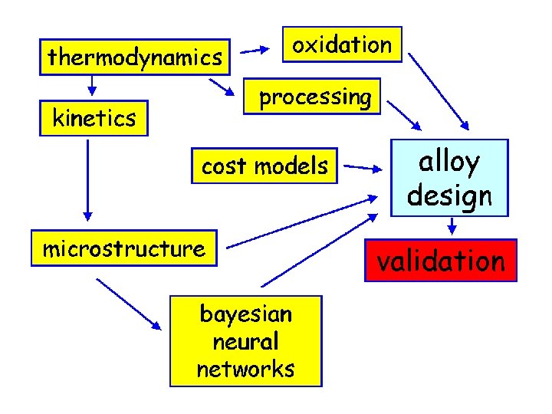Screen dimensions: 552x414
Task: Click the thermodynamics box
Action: click(135, 57)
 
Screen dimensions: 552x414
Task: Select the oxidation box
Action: click(341, 44)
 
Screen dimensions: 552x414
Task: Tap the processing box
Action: click(314, 97)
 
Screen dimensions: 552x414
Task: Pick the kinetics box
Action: click(94, 118)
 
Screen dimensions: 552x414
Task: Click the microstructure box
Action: click(123, 248)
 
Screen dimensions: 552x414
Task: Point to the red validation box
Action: click(440, 261)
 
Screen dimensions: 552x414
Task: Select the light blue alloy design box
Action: click(449, 178)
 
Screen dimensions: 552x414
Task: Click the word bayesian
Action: click(245, 314)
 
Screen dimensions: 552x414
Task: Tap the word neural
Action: click(245, 341)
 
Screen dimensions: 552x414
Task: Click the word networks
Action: click(245, 369)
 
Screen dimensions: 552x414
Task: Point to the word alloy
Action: click(449, 162)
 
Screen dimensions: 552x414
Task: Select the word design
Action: click(449, 195)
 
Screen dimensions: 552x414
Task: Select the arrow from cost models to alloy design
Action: click(364, 166)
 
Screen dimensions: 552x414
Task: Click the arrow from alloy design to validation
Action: click(452, 226)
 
